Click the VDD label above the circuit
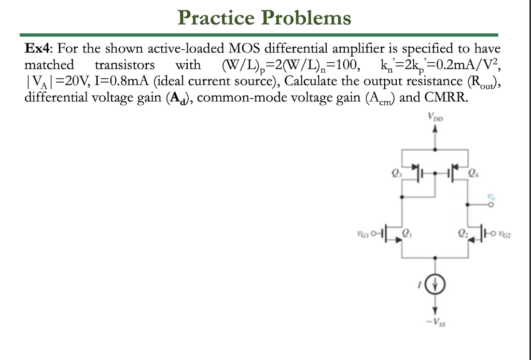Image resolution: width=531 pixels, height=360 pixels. click(x=435, y=118)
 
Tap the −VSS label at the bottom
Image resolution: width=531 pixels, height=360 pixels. click(x=435, y=322)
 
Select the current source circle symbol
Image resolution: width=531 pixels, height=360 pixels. click(x=435, y=284)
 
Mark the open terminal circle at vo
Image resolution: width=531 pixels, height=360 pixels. click(x=491, y=204)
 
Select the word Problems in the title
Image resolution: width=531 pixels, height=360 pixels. click(x=306, y=18)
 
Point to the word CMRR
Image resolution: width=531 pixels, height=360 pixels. click(x=446, y=97)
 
